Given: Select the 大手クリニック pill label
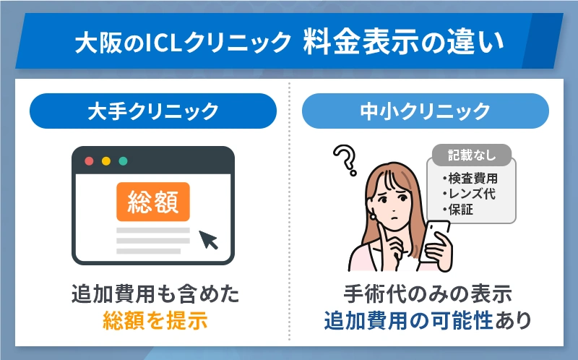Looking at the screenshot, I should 152,111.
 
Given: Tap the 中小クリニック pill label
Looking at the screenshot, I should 425,111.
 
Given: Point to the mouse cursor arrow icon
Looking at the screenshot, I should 210,239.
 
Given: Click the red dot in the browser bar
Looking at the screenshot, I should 89,160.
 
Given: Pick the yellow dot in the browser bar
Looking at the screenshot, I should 105,160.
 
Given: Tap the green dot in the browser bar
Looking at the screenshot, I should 123,160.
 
